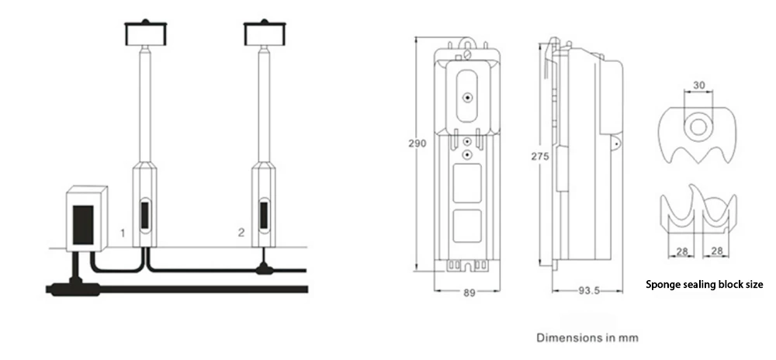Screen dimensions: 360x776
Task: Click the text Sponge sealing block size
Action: [705, 285]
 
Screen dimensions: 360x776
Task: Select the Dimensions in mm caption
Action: [587, 338]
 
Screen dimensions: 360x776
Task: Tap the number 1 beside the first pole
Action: [122, 232]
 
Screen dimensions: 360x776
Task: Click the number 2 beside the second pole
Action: [241, 232]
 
